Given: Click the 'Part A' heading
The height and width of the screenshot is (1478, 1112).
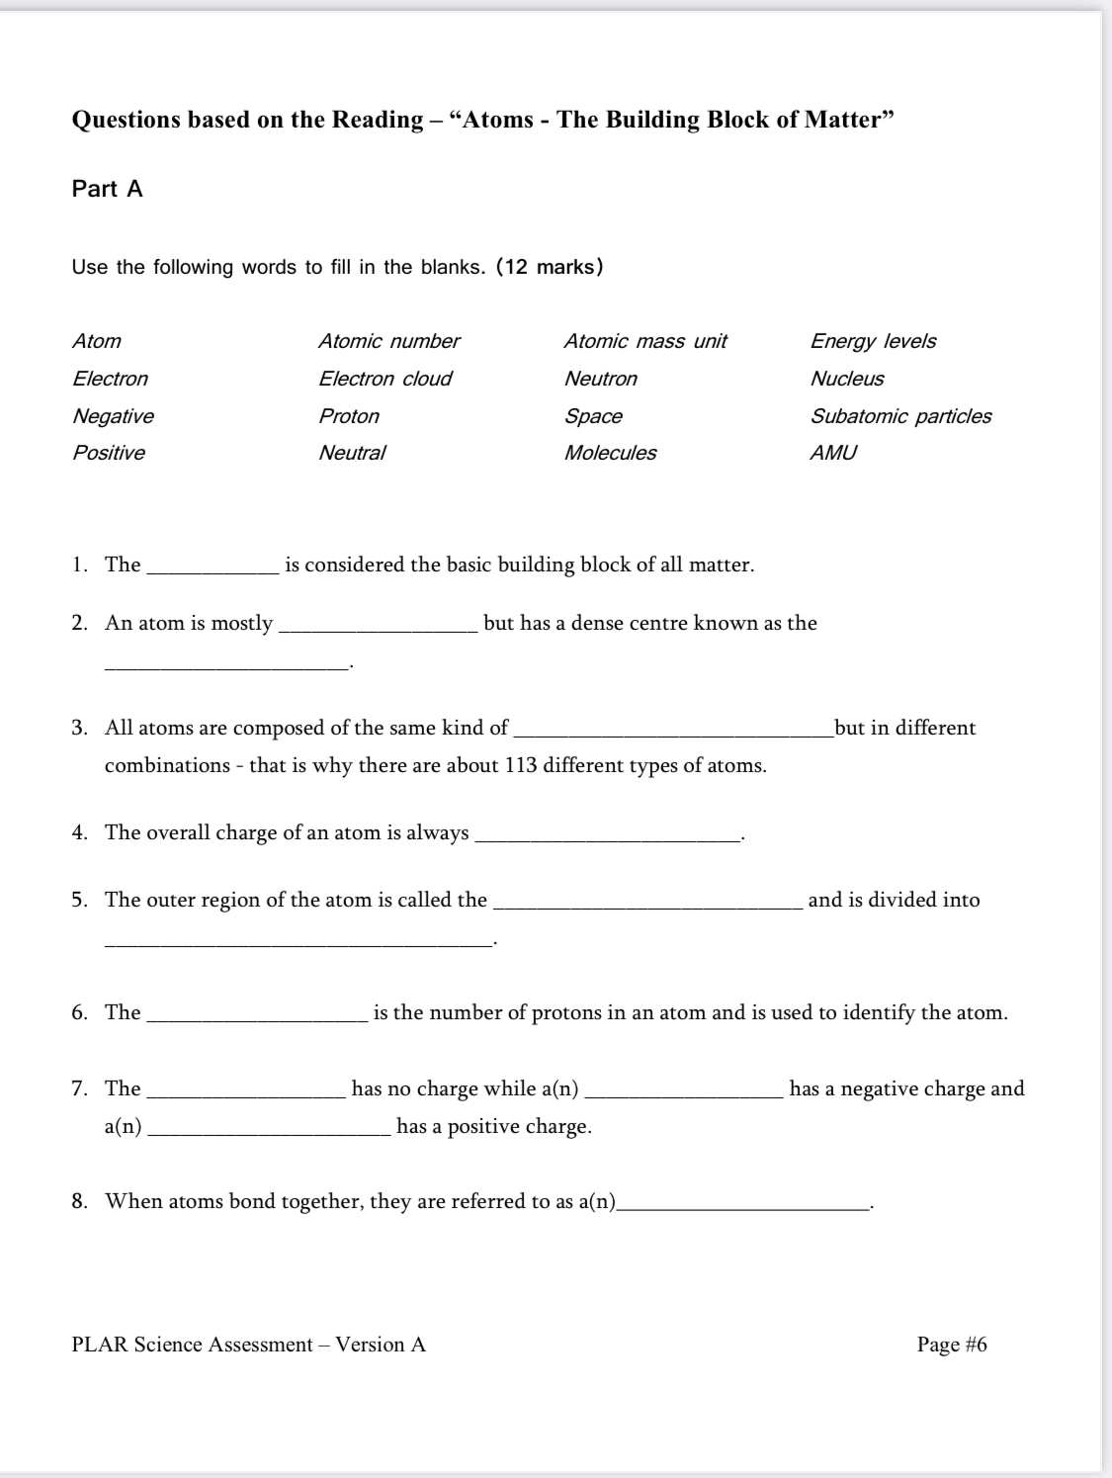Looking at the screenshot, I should click(107, 189).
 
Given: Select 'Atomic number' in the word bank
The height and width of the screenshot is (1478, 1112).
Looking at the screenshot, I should click(388, 341).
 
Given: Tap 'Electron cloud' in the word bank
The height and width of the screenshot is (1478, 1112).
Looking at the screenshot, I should click(385, 379).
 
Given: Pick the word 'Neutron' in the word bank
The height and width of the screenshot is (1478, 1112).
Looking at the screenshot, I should click(600, 379).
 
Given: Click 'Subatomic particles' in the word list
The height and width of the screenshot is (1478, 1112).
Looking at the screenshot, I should click(900, 416).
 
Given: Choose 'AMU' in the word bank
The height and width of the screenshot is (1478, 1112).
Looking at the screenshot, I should click(833, 453).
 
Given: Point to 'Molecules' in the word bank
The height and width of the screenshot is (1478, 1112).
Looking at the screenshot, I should click(610, 453).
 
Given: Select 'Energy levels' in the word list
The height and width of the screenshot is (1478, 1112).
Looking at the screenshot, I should click(873, 341).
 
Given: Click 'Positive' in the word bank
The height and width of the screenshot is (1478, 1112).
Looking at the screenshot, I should click(109, 453).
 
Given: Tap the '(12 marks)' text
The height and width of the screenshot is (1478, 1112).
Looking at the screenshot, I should click(550, 267).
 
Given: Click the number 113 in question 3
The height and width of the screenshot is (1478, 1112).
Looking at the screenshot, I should click(520, 766).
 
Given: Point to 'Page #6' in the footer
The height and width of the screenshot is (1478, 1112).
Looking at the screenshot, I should click(951, 1345).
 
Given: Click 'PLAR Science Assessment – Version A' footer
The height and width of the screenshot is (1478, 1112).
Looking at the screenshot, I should click(248, 1345).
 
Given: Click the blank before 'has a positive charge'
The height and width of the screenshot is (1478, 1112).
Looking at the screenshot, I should click(269, 1132).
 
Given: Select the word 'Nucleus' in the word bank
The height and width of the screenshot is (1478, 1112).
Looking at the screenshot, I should click(847, 379).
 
